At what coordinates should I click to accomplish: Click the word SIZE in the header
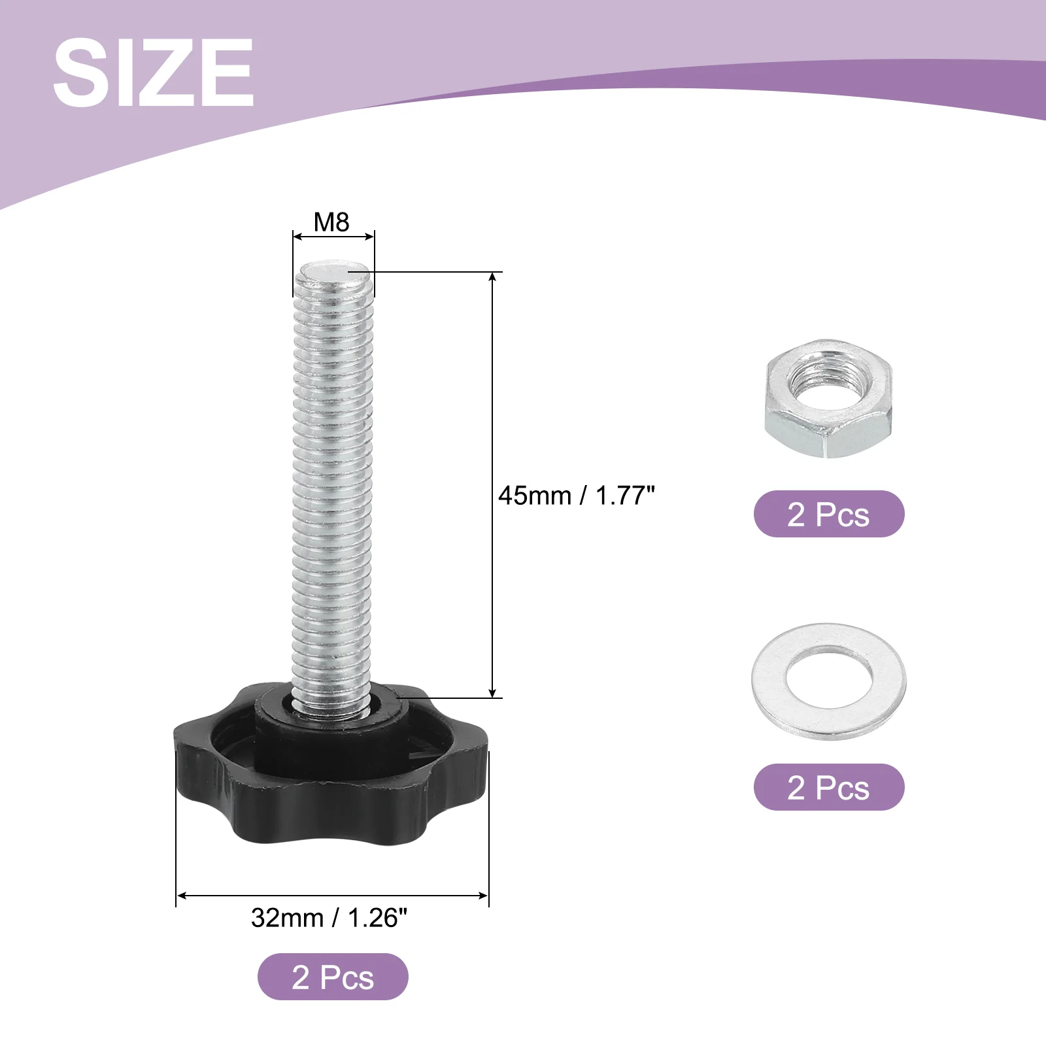[154, 72]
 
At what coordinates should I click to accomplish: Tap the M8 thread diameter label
[331, 222]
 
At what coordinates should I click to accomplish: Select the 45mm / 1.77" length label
[576, 496]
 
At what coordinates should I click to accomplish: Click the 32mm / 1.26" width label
[329, 918]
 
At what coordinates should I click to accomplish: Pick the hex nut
[829, 399]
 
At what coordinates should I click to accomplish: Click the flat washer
[829, 681]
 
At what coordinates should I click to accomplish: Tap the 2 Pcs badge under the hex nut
[829, 514]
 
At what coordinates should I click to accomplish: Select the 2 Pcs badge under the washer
[829, 787]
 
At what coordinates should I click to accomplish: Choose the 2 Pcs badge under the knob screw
[333, 977]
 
